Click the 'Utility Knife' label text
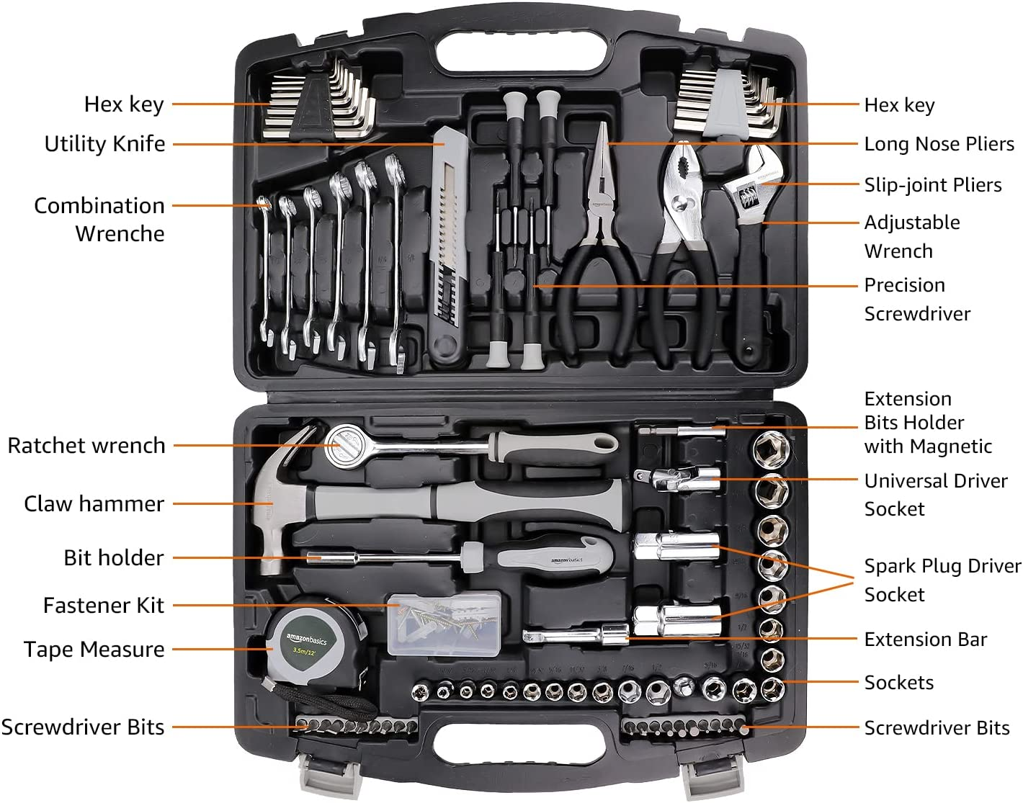(104, 143)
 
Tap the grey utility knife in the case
(448, 245)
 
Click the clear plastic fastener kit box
(444, 623)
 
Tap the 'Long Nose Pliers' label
(939, 144)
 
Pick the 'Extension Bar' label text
(925, 640)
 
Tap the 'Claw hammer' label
(94, 503)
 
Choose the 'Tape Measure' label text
(94, 650)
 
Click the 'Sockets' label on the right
(898, 683)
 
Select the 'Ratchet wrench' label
(86, 446)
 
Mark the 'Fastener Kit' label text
(103, 606)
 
